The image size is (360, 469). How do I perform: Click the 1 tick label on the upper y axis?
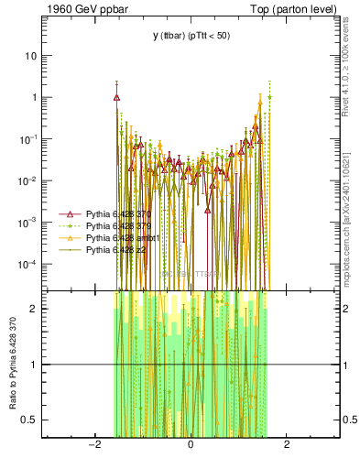[36, 97]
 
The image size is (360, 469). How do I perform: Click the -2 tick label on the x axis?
[93, 445]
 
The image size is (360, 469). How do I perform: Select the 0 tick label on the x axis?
[190, 445]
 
